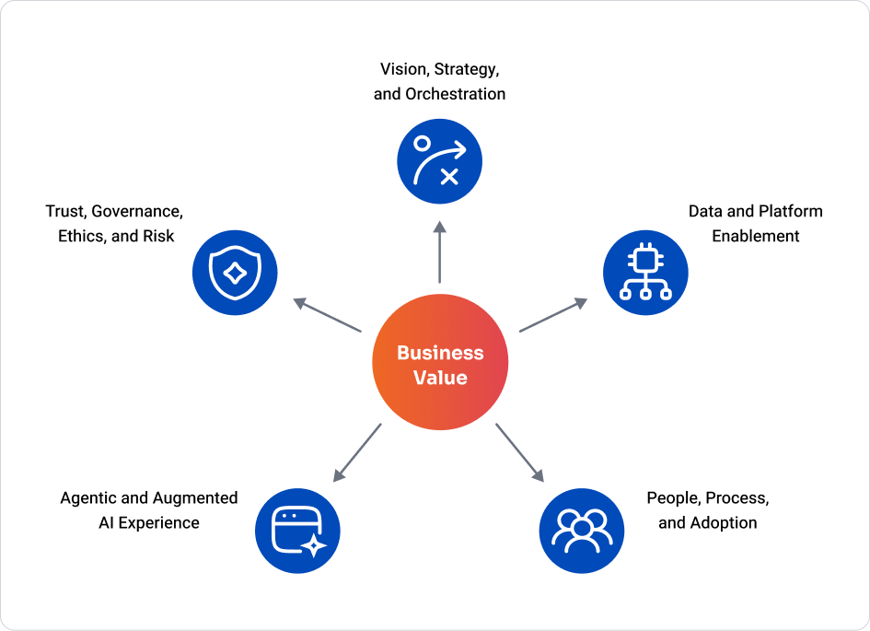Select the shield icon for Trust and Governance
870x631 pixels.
[235, 272]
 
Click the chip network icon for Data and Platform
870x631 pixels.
[644, 272]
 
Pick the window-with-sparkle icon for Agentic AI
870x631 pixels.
[297, 530]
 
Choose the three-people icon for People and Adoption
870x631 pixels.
[581, 530]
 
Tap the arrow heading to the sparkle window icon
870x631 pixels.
[357, 451]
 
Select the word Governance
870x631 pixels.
[137, 211]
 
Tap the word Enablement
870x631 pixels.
[756, 236]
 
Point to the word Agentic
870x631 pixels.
[88, 498]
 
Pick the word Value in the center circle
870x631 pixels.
[440, 378]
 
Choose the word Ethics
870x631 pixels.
[81, 236]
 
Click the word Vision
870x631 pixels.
[402, 69]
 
